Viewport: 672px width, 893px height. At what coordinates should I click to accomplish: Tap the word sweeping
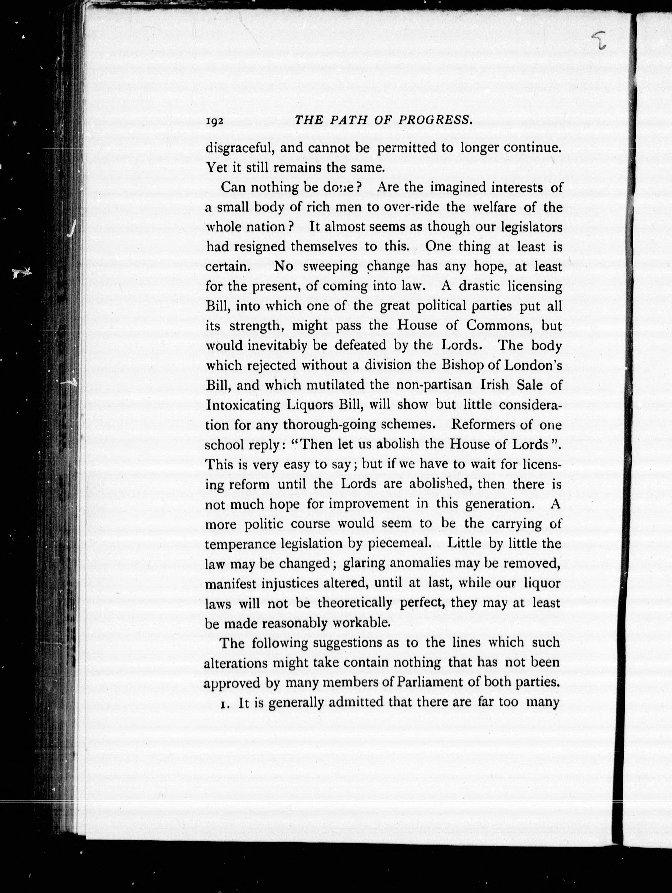point(330,267)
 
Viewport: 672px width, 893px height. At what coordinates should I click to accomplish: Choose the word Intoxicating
point(243,405)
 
